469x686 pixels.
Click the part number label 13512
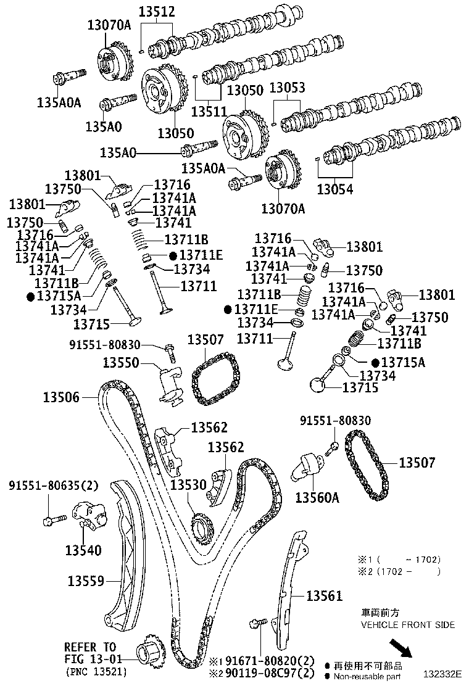pos(156,11)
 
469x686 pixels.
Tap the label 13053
pos(286,88)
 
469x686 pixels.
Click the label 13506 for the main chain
pos(62,397)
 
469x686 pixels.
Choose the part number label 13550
pos(122,363)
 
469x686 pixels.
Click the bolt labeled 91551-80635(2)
pos(50,520)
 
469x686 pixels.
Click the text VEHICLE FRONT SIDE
pos(407,625)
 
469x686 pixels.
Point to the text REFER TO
pos(89,647)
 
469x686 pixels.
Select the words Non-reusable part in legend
pos(368,676)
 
